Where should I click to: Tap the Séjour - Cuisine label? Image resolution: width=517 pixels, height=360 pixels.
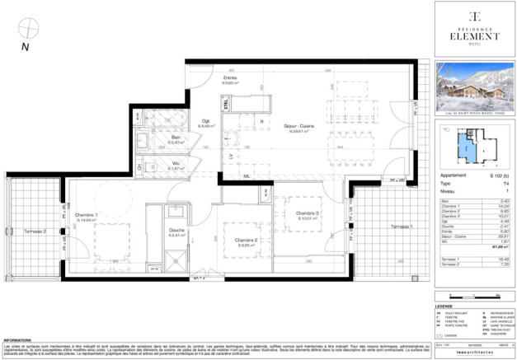click(x=296, y=127)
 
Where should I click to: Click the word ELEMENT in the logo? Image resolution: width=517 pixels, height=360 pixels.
click(x=473, y=35)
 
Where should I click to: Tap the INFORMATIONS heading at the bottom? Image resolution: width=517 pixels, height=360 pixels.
click(x=17, y=339)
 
